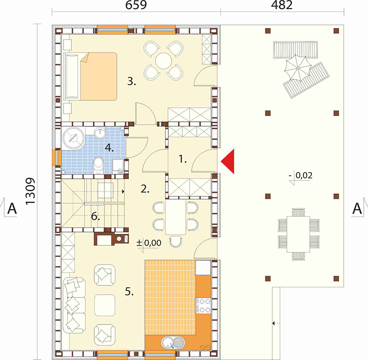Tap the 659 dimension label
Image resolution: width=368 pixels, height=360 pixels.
click(x=136, y=5)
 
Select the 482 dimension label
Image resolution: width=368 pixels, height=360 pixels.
click(x=282, y=5)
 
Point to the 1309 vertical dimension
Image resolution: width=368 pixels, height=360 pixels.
click(x=30, y=192)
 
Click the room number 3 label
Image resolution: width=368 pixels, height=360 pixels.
click(x=132, y=81)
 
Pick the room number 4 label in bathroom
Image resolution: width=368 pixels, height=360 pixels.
click(x=109, y=148)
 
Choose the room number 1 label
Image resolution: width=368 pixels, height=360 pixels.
click(x=183, y=159)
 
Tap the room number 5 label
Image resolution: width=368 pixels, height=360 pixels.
click(x=129, y=291)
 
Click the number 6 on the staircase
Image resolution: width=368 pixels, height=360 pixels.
click(x=96, y=216)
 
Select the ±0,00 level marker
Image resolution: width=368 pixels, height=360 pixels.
click(x=149, y=243)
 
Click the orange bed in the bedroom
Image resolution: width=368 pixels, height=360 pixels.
click(x=98, y=76)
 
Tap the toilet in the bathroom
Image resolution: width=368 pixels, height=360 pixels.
click(x=98, y=166)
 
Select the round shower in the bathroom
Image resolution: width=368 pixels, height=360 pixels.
click(x=73, y=139)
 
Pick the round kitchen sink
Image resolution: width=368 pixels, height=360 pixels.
click(x=167, y=342)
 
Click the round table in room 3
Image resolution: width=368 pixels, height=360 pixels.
click(x=163, y=61)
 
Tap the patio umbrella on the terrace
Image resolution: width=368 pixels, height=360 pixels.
click(x=298, y=68)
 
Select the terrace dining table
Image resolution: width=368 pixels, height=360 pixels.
click(x=298, y=234)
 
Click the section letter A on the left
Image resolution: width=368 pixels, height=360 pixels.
click(x=12, y=208)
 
